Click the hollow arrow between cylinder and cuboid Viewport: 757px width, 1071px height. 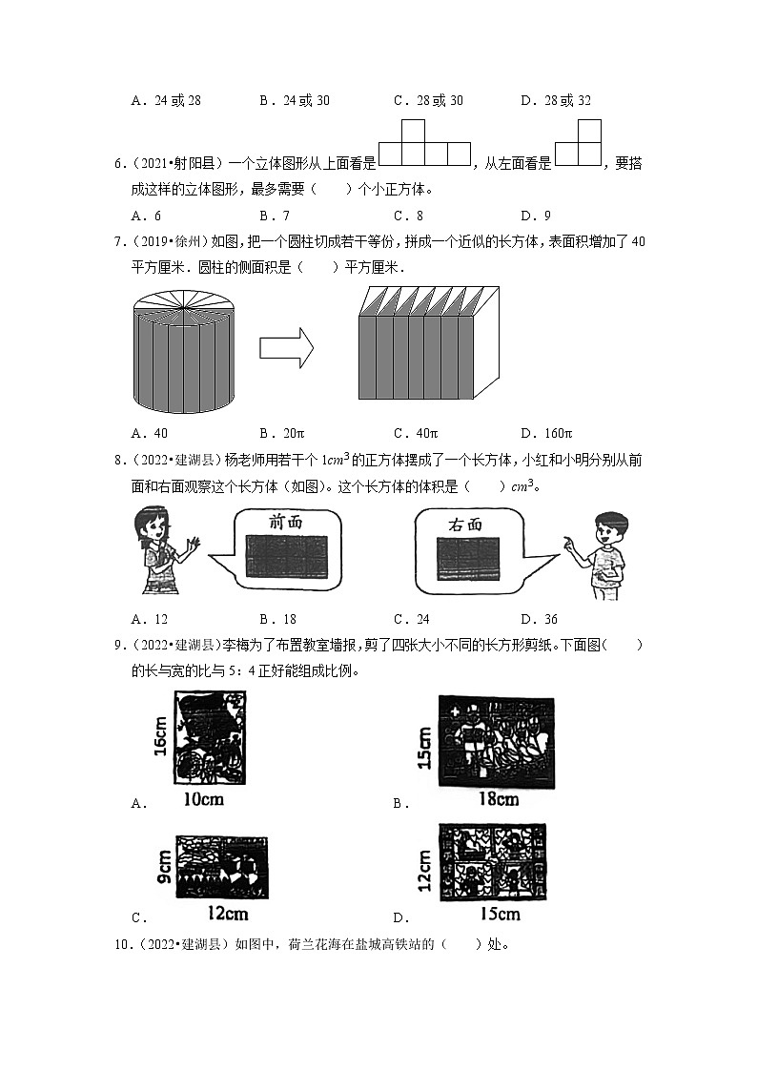[286, 345]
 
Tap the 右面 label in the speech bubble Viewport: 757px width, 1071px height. [464, 524]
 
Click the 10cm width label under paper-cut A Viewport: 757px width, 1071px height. [202, 799]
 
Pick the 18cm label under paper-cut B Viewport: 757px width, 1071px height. [498, 799]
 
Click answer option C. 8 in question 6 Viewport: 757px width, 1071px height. [408, 215]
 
